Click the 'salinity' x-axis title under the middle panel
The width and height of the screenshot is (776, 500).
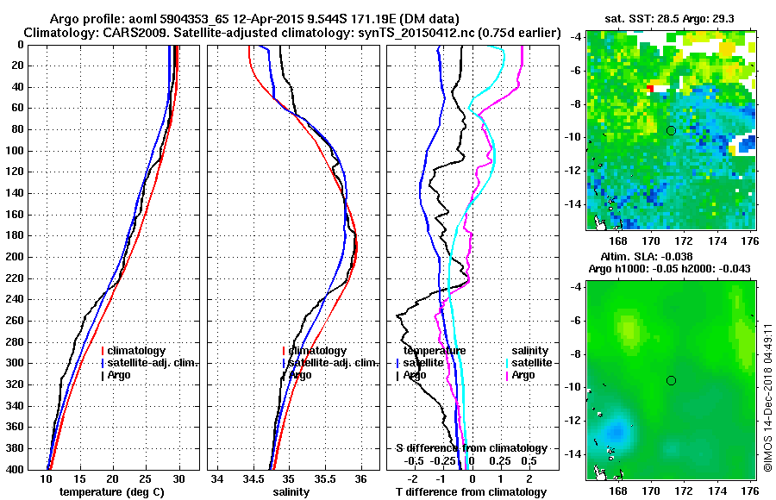[x=291, y=491]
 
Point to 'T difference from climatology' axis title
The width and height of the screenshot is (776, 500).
[x=468, y=491]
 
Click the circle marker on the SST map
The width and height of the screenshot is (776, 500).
[x=671, y=130]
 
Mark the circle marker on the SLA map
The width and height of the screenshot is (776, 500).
[x=671, y=380]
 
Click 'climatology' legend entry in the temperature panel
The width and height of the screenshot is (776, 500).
[x=136, y=351]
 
